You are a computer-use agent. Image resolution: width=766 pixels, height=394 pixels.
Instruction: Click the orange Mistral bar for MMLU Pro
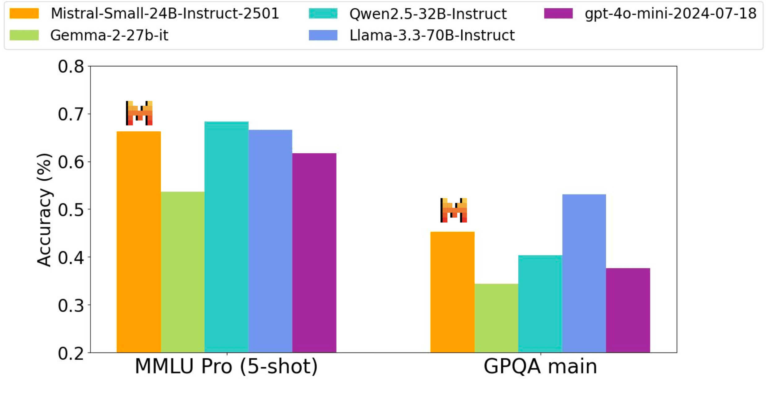[138, 242]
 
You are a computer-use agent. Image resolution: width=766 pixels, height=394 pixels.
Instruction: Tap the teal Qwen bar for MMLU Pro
[226, 237]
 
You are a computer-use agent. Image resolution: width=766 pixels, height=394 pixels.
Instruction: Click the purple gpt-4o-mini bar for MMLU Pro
[314, 252]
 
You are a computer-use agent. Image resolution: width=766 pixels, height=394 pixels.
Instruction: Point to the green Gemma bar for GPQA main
[496, 318]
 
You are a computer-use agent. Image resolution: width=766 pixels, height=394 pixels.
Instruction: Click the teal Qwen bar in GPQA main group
[540, 304]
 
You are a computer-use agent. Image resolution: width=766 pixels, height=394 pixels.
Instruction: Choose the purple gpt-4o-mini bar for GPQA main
[628, 310]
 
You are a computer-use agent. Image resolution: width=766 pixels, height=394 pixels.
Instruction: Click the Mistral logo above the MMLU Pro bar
[139, 113]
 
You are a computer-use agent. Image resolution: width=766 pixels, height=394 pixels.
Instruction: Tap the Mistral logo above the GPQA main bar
[454, 210]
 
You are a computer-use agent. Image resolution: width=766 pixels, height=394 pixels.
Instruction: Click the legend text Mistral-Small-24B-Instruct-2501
[165, 14]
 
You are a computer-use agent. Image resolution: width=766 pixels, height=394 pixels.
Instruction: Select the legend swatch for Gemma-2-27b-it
[24, 35]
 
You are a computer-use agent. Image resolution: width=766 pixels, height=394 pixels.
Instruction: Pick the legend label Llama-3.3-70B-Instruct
[432, 35]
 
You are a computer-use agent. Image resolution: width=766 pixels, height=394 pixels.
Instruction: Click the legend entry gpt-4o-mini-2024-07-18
[670, 14]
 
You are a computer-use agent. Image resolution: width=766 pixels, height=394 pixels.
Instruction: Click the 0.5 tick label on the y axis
[71, 210]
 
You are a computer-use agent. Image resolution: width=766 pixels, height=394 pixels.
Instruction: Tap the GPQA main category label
[540, 367]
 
